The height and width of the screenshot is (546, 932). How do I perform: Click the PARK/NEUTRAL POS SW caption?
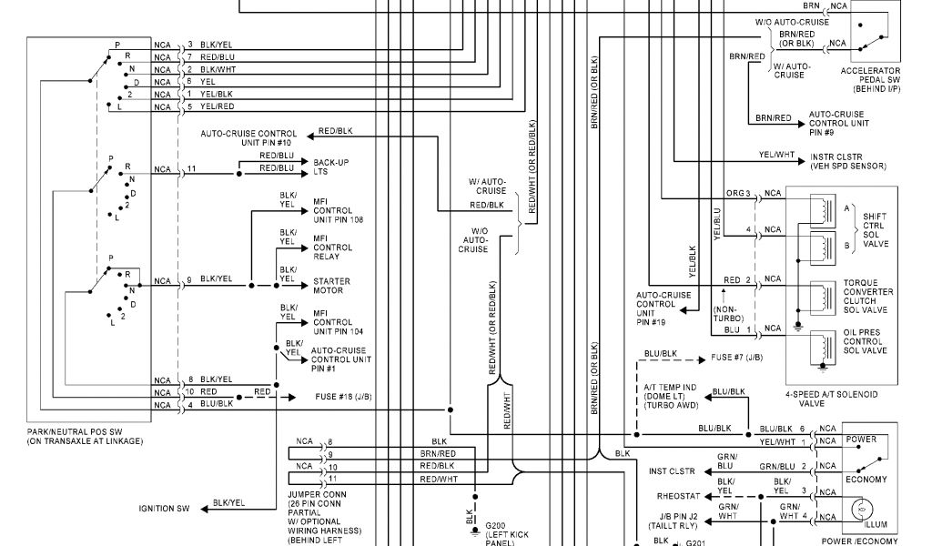pyautogui.click(x=85, y=436)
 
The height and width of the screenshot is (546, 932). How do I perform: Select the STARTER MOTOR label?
pyautogui.click(x=331, y=286)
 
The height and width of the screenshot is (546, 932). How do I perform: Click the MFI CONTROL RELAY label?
pyautogui.click(x=333, y=247)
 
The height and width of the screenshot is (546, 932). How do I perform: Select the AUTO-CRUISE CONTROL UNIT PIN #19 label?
pyautogui.click(x=663, y=308)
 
